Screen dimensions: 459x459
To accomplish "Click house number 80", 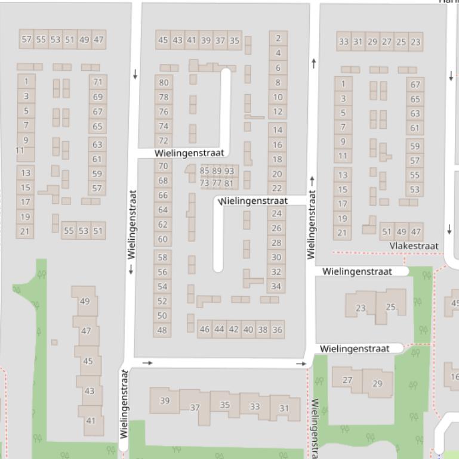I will (x=164, y=83).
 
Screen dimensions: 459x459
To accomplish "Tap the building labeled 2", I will (x=278, y=38).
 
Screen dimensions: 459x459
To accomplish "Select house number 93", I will (x=229, y=171).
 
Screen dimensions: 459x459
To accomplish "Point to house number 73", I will (x=204, y=184).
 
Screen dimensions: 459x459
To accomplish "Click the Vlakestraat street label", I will (x=414, y=246).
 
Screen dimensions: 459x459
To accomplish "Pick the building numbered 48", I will (x=162, y=330).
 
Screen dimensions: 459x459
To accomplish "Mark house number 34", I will (x=276, y=287).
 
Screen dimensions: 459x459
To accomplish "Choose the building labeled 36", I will (x=277, y=329).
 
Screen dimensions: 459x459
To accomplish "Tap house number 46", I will (x=205, y=329).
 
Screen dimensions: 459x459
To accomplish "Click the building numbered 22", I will (x=277, y=188).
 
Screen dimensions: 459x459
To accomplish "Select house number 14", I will (x=278, y=129).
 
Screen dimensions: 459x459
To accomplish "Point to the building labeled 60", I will (x=162, y=239).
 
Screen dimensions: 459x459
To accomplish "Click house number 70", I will (x=163, y=166).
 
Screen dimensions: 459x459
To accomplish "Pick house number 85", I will (x=205, y=171).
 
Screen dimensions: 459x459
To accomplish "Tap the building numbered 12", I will (x=278, y=111).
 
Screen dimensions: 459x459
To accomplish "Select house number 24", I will (x=276, y=213).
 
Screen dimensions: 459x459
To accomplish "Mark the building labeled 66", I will (x=163, y=195).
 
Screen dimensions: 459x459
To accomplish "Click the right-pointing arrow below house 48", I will (x=147, y=362).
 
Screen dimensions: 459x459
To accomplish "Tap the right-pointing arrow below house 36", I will (x=301, y=363).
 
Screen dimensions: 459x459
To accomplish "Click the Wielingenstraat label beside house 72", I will (x=189, y=153).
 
